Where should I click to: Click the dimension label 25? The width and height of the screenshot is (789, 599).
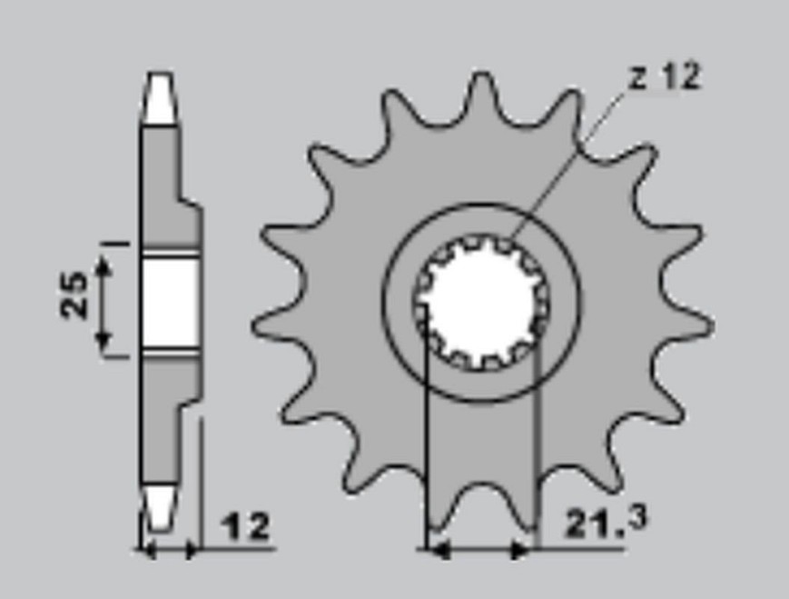pos(74,295)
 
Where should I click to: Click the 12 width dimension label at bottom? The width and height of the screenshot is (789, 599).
pos(247,526)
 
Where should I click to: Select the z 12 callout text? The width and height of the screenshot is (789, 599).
pos(665,76)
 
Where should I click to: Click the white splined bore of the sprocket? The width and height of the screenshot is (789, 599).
pos(480,303)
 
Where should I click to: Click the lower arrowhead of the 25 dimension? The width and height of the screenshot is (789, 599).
pos(104,341)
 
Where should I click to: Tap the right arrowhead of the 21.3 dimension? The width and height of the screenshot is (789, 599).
pos(520,550)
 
